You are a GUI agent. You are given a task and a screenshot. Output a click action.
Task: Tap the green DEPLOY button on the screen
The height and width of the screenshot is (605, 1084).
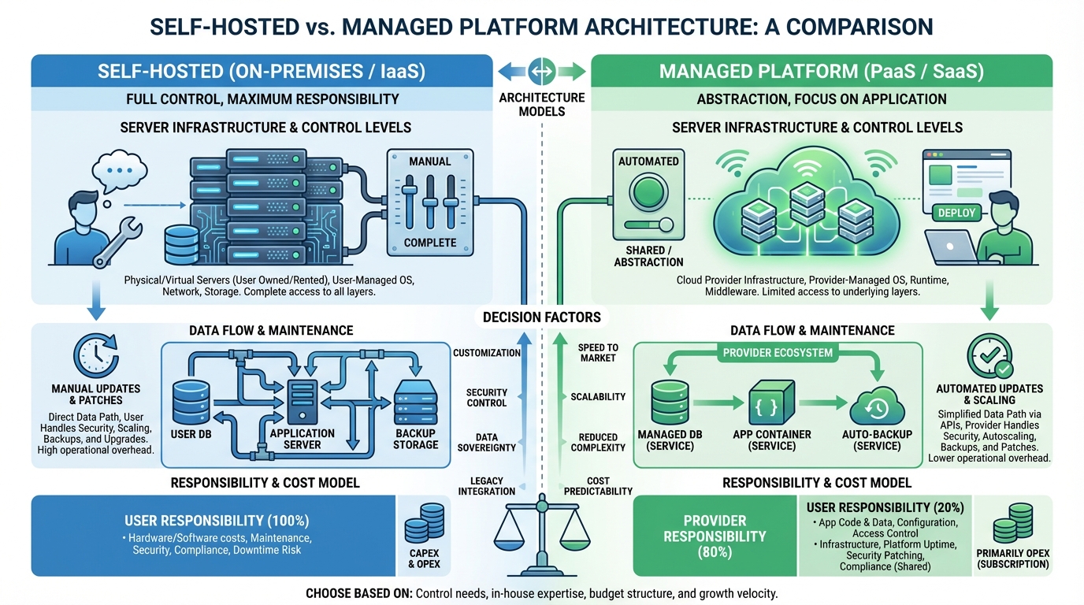956,212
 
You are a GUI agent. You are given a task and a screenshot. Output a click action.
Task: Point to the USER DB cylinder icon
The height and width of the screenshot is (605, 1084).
190,404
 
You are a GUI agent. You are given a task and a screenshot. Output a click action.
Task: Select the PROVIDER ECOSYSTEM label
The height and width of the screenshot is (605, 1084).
777,353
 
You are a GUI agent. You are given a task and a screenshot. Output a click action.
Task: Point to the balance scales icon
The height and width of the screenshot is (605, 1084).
541,523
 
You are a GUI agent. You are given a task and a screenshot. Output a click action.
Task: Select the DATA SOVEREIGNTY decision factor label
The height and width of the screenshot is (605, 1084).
486,442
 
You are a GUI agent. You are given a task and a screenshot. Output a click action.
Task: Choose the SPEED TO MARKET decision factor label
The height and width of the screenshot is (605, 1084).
597,352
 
